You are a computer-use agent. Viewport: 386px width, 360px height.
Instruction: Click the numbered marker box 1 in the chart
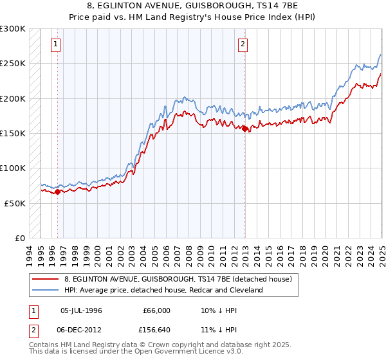coord(56,44)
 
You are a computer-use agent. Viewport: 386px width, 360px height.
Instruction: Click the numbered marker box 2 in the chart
coord(243,44)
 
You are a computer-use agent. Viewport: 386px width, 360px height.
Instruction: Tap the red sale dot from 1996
coord(58,192)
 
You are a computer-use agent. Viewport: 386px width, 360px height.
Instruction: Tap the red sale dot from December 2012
coord(245,129)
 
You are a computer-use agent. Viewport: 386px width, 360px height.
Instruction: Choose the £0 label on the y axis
coord(20,238)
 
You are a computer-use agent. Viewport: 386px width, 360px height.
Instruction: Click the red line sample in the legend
coord(45,280)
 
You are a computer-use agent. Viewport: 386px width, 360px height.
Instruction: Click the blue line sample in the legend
coord(45,291)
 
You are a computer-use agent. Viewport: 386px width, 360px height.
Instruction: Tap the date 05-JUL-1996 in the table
coord(82,310)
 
